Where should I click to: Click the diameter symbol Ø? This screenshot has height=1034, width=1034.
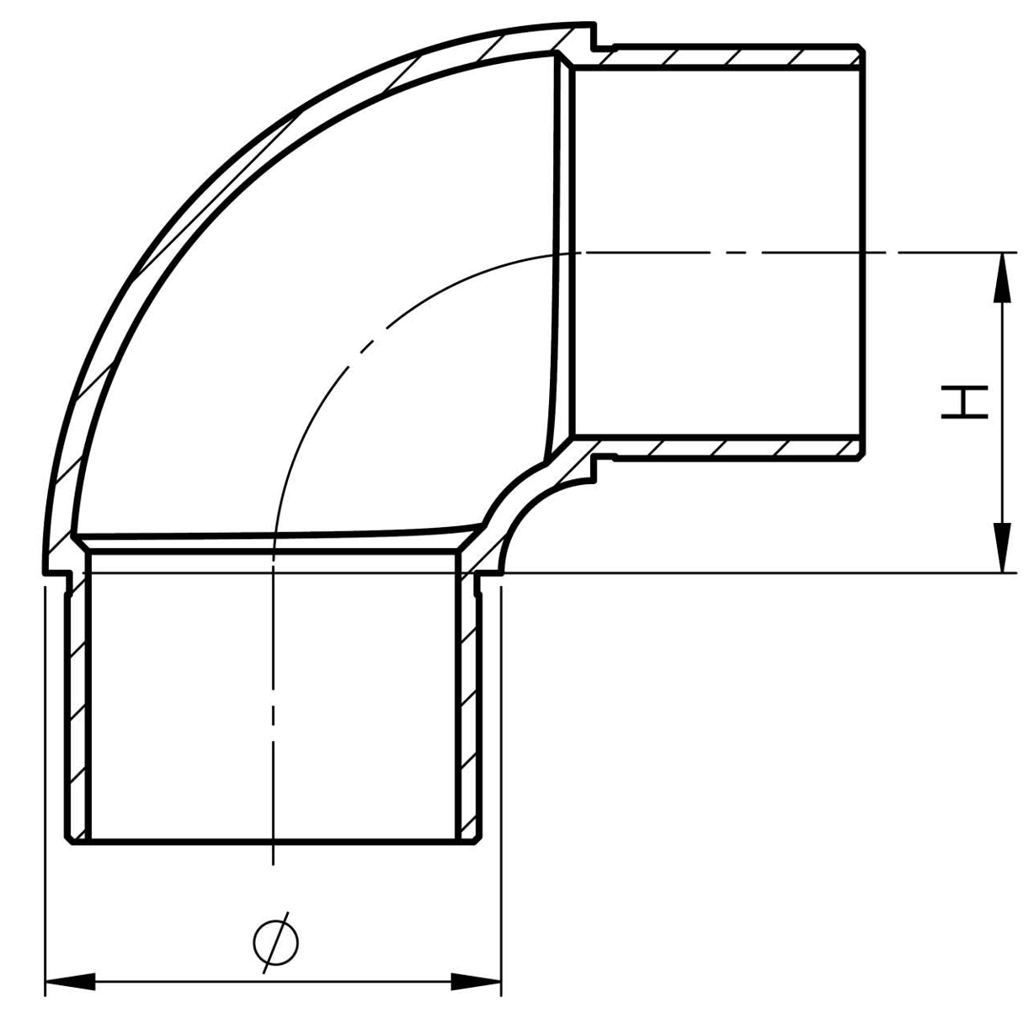275,942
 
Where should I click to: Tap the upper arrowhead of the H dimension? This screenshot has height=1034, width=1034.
1002,276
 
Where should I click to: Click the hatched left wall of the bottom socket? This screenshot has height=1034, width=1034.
78,707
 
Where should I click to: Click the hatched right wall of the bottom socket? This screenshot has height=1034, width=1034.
468,707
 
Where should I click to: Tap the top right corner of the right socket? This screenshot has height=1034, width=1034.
861,49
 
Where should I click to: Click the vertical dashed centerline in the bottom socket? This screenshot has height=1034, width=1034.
273,716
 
